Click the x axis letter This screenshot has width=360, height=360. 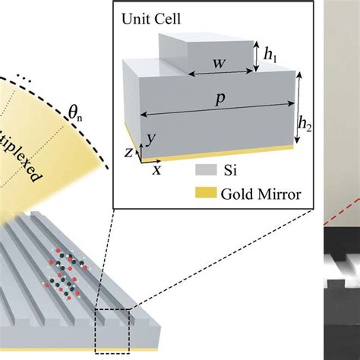pyautogui.click(x=156, y=170)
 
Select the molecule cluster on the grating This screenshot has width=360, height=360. pyautogui.click(x=68, y=270)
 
